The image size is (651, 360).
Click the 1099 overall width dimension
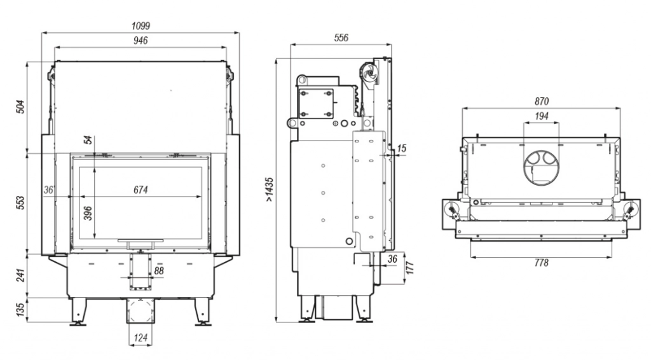pyautogui.click(x=140, y=25)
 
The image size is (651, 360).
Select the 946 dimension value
pyautogui.click(x=140, y=40)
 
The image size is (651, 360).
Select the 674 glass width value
pyautogui.click(x=140, y=190)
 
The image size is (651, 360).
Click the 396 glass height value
pyautogui.click(x=88, y=213)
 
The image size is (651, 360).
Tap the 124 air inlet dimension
pyautogui.click(x=140, y=338)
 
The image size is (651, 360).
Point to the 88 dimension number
pyautogui.click(x=158, y=271)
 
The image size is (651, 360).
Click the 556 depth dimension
pyautogui.click(x=341, y=38)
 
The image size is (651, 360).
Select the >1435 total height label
pyautogui.click(x=270, y=190)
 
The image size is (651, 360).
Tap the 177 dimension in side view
pyautogui.click(x=410, y=267)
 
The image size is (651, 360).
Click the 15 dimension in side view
pyautogui.click(x=401, y=148)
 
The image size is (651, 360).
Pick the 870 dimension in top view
pyautogui.click(x=542, y=101)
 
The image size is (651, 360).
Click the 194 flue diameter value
pyautogui.click(x=542, y=116)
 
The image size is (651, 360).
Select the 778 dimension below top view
pyautogui.click(x=542, y=263)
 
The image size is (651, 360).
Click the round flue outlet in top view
pyautogui.click(x=542, y=168)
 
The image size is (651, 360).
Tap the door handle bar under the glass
pyautogui.click(x=140, y=240)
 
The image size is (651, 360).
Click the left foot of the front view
pyautogui.click(x=78, y=310)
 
